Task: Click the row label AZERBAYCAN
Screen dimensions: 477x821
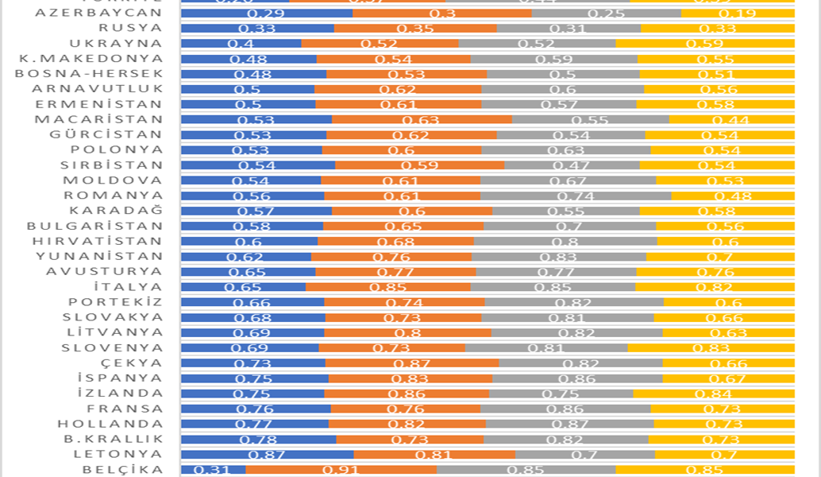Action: [99, 14]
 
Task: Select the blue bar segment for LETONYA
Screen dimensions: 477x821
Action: [267, 454]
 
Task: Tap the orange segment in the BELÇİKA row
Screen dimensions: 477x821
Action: [341, 469]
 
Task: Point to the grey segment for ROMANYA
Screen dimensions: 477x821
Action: [576, 196]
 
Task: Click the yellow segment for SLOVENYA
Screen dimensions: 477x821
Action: [711, 347]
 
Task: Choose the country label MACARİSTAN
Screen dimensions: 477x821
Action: [99, 119]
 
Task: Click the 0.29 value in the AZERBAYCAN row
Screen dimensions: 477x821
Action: [267, 14]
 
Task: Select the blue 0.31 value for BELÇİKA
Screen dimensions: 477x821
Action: [213, 469]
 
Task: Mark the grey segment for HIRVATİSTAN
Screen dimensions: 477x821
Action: [565, 241]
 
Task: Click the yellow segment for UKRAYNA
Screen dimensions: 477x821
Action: [705, 44]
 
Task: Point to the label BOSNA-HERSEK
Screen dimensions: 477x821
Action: [89, 74]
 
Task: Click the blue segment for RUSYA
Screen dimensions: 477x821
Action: [257, 29]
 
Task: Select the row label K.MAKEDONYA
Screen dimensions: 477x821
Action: [91, 59]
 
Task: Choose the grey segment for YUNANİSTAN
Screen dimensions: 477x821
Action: [559, 257]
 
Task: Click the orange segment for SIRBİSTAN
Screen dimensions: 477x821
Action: [419, 165]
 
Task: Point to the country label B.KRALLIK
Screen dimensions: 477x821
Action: [114, 439]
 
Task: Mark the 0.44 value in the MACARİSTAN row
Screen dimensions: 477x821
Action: [731, 119]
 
